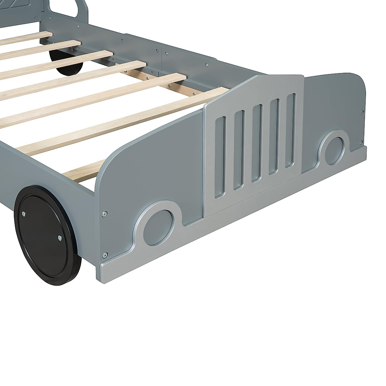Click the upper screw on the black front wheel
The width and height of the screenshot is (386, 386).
click(x=24, y=213)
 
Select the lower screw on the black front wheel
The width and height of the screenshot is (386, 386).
click(x=60, y=238)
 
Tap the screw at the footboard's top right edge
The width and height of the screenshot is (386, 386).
click(x=363, y=113)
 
